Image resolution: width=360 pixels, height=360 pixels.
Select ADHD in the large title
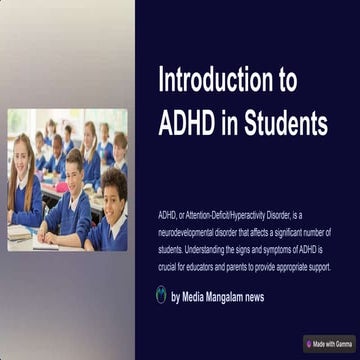(x=187, y=124)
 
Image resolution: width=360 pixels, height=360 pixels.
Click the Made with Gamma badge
(x=331, y=343)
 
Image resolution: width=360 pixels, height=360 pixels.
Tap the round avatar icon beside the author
(x=161, y=295)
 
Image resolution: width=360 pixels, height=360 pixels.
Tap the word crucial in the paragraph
(x=169, y=267)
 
